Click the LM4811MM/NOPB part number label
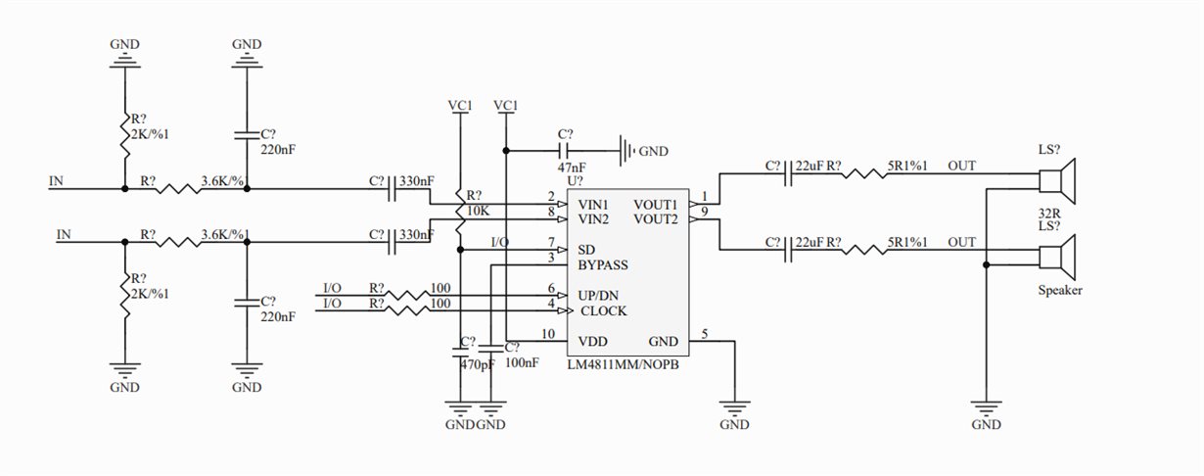pyautogui.click(x=623, y=364)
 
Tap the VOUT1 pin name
pyautogui.click(x=656, y=203)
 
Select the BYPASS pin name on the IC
pyautogui.click(x=603, y=264)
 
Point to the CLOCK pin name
pyautogui.click(x=604, y=311)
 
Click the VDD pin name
pyautogui.click(x=594, y=342)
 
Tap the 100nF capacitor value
pyautogui.click(x=522, y=362)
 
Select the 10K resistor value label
pyautogui.click(x=478, y=211)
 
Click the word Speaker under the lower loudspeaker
pyautogui.click(x=1060, y=291)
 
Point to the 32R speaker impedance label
pyautogui.click(x=1049, y=213)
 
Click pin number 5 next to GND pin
pyautogui.click(x=704, y=333)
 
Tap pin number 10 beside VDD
pyautogui.click(x=548, y=334)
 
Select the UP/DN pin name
pyautogui.click(x=604, y=296)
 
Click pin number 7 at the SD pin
pyautogui.click(x=551, y=241)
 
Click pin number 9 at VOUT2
pyautogui.click(x=704, y=212)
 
